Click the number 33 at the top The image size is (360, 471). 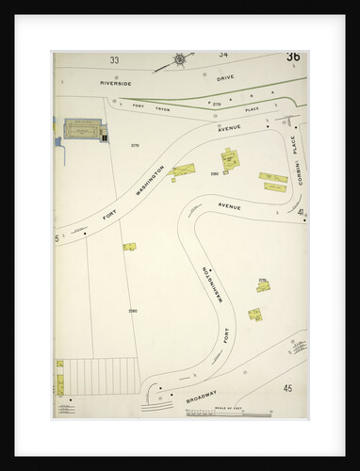114,60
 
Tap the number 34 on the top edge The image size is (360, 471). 223,55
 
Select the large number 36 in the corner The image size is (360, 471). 293,57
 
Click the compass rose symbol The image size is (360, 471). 180,61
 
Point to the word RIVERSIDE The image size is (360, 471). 117,83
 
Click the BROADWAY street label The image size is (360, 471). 200,395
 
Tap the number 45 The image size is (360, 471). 287,386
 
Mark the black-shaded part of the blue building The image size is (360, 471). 101,135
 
